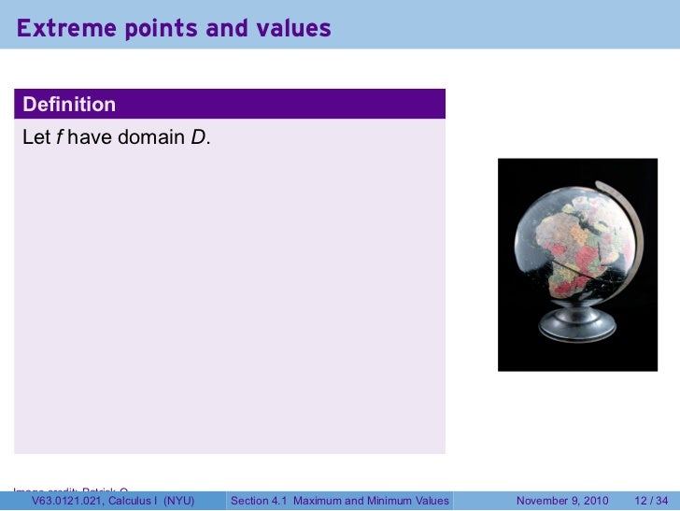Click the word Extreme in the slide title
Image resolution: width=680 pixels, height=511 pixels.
(x=58, y=30)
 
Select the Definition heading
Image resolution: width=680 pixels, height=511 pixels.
(x=69, y=103)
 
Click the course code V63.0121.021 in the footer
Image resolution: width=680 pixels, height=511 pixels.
(x=66, y=502)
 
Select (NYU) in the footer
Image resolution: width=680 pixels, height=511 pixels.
(x=176, y=502)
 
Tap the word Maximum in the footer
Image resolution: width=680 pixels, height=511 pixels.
(x=319, y=502)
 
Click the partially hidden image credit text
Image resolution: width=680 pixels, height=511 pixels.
(x=70, y=489)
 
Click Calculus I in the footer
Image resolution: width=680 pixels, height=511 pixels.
(x=132, y=502)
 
